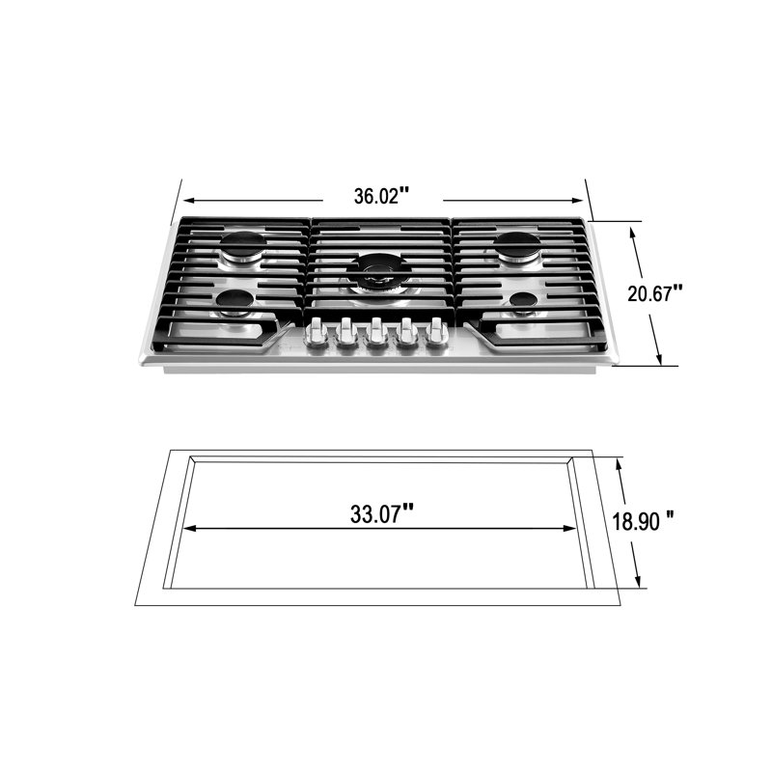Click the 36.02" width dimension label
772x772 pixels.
381,196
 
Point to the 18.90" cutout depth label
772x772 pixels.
643,520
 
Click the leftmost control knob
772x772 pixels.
315,334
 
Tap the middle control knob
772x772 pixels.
375,334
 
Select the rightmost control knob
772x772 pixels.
437,333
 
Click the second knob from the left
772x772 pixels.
345,334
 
